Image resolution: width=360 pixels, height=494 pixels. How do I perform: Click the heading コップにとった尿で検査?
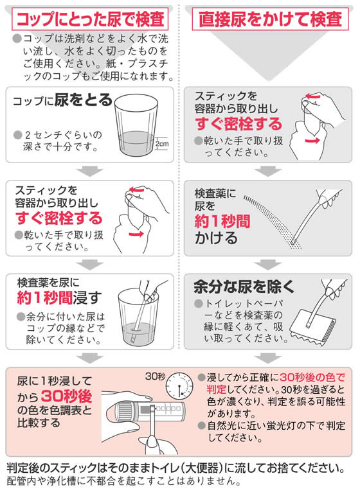point(90,19)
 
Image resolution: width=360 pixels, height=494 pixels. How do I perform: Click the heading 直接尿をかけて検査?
point(270,19)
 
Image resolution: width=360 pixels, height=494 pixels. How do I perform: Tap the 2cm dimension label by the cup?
point(162,144)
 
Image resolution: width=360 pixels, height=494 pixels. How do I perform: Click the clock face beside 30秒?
point(179,385)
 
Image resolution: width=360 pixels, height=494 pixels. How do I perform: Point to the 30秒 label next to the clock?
point(155,376)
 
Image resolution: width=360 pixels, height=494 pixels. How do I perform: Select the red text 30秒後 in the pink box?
point(66,396)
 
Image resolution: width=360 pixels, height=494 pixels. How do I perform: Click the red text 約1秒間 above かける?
point(222,221)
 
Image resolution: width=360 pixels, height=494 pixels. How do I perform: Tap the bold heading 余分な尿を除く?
point(244,287)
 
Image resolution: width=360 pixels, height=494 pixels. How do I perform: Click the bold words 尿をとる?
point(83,100)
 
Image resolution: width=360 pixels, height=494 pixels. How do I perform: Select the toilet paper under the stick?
point(312,328)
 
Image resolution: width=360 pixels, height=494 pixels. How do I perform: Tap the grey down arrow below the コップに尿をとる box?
point(90,172)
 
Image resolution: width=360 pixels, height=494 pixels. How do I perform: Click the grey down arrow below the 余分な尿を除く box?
point(268,358)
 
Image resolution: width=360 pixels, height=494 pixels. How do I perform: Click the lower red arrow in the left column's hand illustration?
point(136,234)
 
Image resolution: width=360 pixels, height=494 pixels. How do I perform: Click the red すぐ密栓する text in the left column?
point(59,218)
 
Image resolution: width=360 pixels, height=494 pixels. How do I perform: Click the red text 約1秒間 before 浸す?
point(45,298)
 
